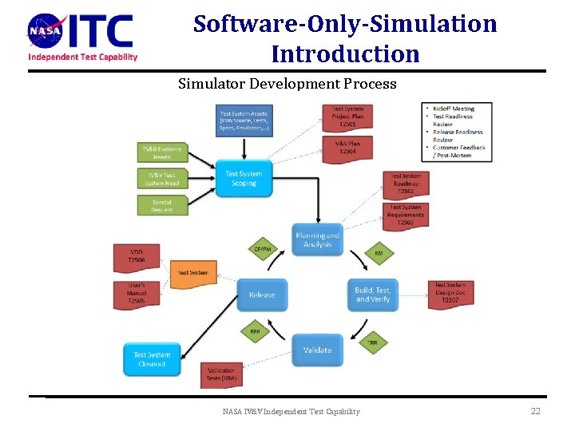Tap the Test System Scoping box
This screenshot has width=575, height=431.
tap(244, 179)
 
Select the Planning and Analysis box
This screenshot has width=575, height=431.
tap(317, 239)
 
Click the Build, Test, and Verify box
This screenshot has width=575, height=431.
tap(373, 295)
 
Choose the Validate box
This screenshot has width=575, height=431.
tap(317, 350)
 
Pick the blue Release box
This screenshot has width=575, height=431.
tap(261, 295)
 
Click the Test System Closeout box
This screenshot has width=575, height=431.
tap(152, 359)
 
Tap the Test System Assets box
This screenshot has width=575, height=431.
tap(244, 120)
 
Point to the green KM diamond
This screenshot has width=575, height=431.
tap(379, 253)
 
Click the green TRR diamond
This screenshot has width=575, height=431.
tap(372, 342)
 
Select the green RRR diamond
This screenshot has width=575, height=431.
tap(255, 331)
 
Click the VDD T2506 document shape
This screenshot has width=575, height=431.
tap(137, 255)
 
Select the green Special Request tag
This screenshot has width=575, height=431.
tap(161, 206)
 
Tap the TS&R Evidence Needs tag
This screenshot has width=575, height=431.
tap(161, 152)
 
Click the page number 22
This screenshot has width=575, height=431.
tap(535, 411)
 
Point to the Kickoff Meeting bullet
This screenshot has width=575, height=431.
tap(454, 109)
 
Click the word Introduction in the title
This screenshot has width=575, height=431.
tap(345, 54)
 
